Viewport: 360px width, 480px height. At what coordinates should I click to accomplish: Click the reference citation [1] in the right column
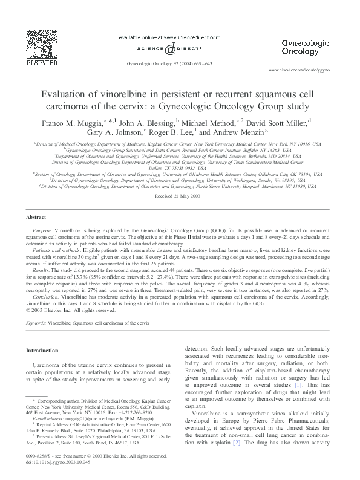298,384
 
